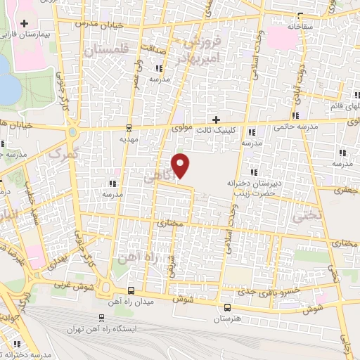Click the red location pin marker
coord(181,165)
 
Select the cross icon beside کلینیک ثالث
coord(217,119)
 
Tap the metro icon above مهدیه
coord(129,127)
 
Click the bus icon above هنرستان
coord(226,307)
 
